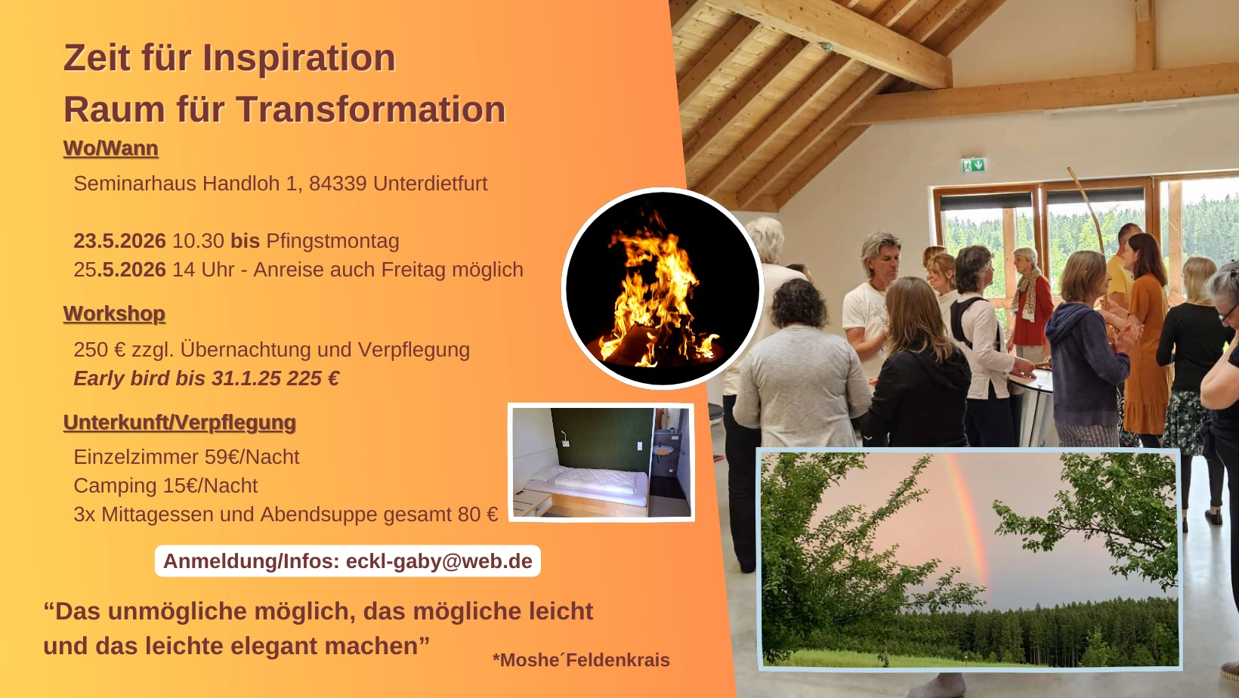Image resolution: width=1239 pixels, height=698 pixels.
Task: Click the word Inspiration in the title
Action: coord(298,58)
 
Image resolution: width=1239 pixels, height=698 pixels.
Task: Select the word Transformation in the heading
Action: coord(371,109)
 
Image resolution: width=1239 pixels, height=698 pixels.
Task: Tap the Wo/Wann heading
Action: coord(110,149)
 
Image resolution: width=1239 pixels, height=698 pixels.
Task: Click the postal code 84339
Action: coord(338,183)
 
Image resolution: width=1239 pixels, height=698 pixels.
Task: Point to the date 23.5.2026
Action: coord(119,240)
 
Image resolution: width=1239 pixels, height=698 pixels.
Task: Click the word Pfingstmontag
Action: coord(332,241)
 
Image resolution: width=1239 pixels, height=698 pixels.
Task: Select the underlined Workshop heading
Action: coord(114,313)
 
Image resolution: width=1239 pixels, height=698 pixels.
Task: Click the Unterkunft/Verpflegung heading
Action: coord(179,422)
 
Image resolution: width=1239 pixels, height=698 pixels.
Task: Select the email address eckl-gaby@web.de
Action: coord(439,561)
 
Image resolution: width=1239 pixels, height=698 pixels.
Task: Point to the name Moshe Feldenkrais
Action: coord(581,659)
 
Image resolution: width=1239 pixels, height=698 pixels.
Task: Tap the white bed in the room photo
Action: coord(588,486)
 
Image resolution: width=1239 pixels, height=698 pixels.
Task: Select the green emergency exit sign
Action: coord(973,165)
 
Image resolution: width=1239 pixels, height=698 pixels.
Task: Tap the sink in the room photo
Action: coord(662,451)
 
